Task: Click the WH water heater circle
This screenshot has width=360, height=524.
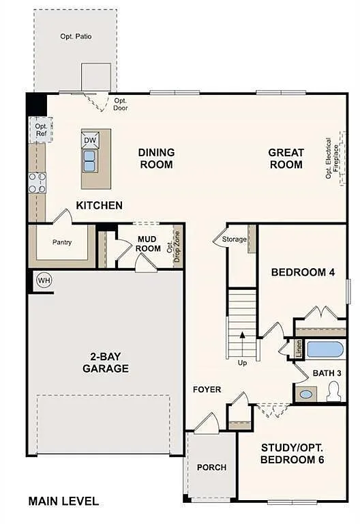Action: [x=44, y=280]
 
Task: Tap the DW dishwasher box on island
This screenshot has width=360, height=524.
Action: [x=90, y=140]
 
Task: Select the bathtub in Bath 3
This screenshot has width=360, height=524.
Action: [x=325, y=350]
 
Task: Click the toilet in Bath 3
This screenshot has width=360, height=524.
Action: [x=334, y=392]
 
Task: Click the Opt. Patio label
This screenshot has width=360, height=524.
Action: [x=76, y=36]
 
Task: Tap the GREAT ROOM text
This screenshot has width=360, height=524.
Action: [x=285, y=158]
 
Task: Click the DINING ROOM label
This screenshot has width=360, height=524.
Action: [x=156, y=158]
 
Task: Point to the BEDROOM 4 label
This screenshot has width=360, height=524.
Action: [x=303, y=272]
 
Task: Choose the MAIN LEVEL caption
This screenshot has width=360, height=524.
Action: [x=63, y=501]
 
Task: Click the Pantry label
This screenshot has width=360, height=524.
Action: [x=62, y=242]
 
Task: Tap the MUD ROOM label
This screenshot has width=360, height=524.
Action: [x=148, y=244]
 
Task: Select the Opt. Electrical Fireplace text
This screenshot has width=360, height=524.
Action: [x=331, y=159]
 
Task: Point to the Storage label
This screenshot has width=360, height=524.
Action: [x=235, y=239]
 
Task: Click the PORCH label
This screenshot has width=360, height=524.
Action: [x=211, y=467]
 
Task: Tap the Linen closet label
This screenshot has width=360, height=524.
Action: [x=299, y=349]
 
